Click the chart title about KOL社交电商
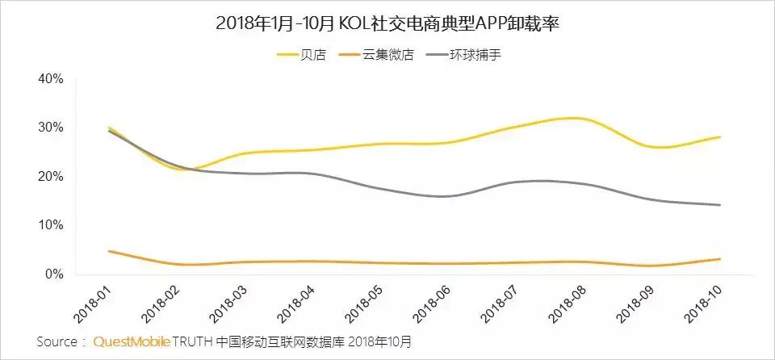coord(387,23)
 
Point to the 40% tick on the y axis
coord(51,79)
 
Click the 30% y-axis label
coord(51,128)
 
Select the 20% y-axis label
coord(51,177)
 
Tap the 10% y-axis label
coord(51,225)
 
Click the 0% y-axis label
coord(54,274)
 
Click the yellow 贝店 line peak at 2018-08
coord(573,119)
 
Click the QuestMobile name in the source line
coord(132,341)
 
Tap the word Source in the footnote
coord(58,341)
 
